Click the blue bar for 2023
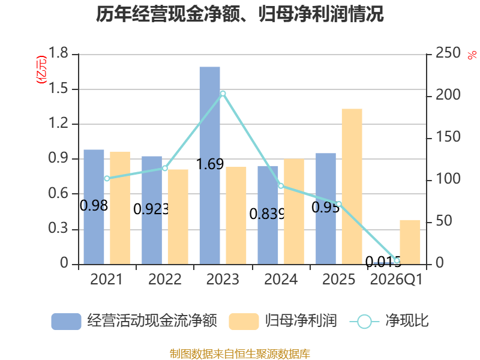pyautogui.click(x=209, y=166)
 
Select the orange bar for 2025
pyautogui.click(x=352, y=187)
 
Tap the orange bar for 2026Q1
pyautogui.click(x=410, y=242)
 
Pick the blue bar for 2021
pyautogui.click(x=94, y=207)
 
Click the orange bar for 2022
pyautogui.click(x=178, y=217)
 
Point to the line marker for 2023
pyautogui.click(x=223, y=94)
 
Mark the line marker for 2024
pyautogui.click(x=281, y=186)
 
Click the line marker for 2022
pyautogui.click(x=165, y=168)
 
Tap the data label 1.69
pyautogui.click(x=210, y=164)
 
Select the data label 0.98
pyautogui.click(x=94, y=205)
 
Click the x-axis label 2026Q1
pyautogui.click(x=396, y=279)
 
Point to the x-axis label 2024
pyautogui.click(x=281, y=279)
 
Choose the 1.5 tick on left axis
pyautogui.click(x=58, y=88)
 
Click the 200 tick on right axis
pyautogui.click(x=448, y=95)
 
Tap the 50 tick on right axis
pyautogui.click(x=443, y=221)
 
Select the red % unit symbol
pyautogui.click(x=472, y=55)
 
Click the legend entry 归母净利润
pyautogui.click(x=301, y=321)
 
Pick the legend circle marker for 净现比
pyautogui.click(x=364, y=322)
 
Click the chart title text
pyautogui.click(x=239, y=14)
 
